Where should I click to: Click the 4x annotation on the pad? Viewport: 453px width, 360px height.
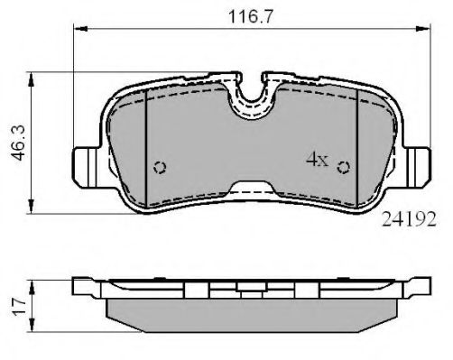[x=316, y=161]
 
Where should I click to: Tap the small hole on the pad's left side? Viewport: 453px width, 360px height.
[x=160, y=167]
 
